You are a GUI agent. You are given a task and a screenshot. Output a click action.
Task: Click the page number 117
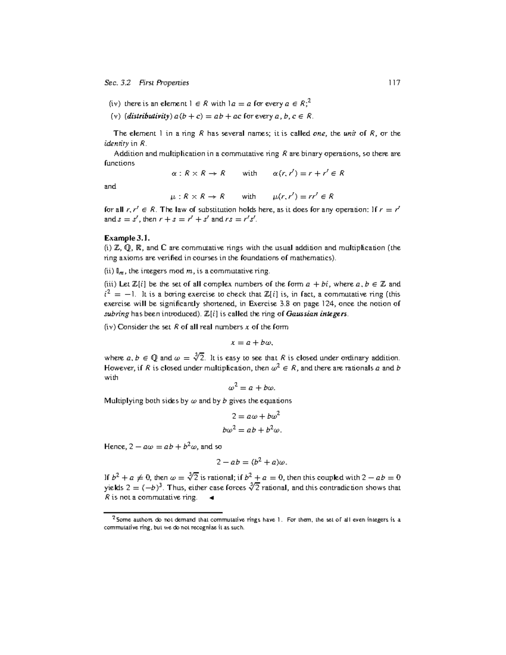[394, 83]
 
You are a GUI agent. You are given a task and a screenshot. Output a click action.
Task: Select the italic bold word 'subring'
[116, 314]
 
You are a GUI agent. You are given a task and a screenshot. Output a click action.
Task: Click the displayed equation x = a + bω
[252, 342]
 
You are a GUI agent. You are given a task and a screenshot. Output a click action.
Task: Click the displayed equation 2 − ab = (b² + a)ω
[252, 462]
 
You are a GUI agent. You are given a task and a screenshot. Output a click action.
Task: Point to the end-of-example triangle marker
[212, 498]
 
